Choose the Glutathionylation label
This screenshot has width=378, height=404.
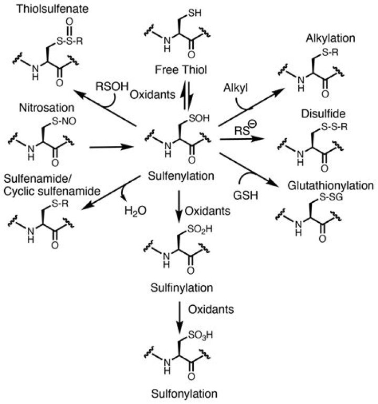330,186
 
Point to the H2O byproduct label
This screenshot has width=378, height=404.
135,210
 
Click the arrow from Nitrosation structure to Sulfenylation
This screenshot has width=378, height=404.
111,148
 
